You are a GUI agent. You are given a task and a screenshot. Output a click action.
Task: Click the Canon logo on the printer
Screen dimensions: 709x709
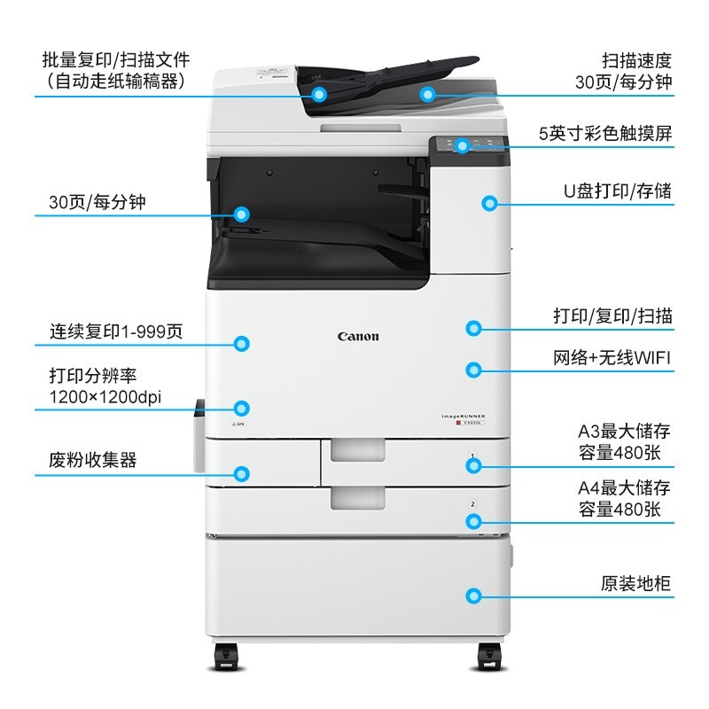tap(358, 336)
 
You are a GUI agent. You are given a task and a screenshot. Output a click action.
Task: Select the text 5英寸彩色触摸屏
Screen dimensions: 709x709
tap(605, 134)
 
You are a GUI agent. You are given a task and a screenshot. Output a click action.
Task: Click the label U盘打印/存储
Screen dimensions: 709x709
tap(618, 191)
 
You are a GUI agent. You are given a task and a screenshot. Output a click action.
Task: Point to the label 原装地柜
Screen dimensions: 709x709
tap(635, 584)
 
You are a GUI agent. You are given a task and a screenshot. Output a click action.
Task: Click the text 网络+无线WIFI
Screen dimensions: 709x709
tap(612, 357)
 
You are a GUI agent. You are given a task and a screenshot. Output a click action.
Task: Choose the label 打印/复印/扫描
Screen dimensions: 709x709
tap(612, 316)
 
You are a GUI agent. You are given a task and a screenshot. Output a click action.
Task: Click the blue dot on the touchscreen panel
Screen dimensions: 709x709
tap(461, 145)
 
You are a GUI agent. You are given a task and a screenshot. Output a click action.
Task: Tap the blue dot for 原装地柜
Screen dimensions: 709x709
tap(474, 597)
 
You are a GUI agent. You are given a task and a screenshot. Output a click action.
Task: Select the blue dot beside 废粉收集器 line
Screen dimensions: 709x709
tap(241, 473)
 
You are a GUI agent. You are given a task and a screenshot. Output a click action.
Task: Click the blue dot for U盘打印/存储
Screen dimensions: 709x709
tap(488, 203)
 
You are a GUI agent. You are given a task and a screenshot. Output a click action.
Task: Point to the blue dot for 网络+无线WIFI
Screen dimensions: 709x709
tap(474, 370)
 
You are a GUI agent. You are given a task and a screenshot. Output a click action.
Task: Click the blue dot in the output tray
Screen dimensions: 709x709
tap(241, 214)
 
